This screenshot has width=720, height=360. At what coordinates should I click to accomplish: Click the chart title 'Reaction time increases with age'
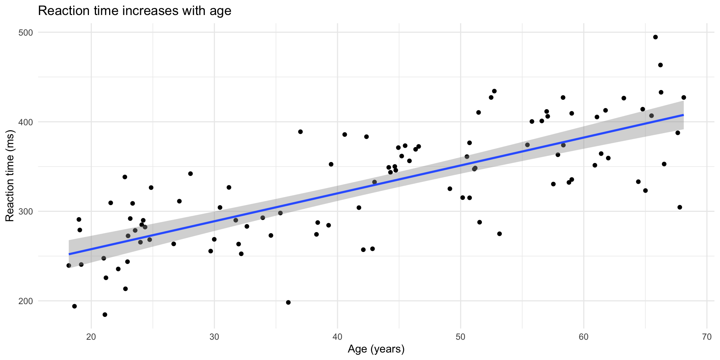point(135,10)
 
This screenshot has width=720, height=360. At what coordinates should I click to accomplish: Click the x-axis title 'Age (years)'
point(376,349)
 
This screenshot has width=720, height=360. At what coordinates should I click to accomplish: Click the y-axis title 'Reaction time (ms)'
point(10,175)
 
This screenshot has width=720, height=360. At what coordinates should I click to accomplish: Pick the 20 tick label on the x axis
point(91,337)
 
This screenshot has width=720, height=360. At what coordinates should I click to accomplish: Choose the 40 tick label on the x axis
point(337,337)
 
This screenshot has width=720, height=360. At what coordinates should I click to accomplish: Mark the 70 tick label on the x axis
point(706,337)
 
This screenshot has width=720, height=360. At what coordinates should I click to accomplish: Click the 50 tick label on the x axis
point(460,337)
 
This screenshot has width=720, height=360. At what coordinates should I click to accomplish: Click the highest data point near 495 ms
point(655,37)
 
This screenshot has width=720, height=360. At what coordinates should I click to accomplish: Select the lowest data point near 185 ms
point(105,315)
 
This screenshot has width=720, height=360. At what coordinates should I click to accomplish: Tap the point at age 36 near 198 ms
point(288,302)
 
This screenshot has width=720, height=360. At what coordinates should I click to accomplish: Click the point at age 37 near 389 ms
point(300,132)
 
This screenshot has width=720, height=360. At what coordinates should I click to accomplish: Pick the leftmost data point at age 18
point(69,265)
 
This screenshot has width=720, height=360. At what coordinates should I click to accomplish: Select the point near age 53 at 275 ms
point(499,234)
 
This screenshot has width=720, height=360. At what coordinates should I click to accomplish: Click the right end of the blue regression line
point(683,115)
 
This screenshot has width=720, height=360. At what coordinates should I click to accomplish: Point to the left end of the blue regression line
point(69,254)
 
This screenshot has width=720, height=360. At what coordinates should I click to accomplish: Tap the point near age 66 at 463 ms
point(660,65)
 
